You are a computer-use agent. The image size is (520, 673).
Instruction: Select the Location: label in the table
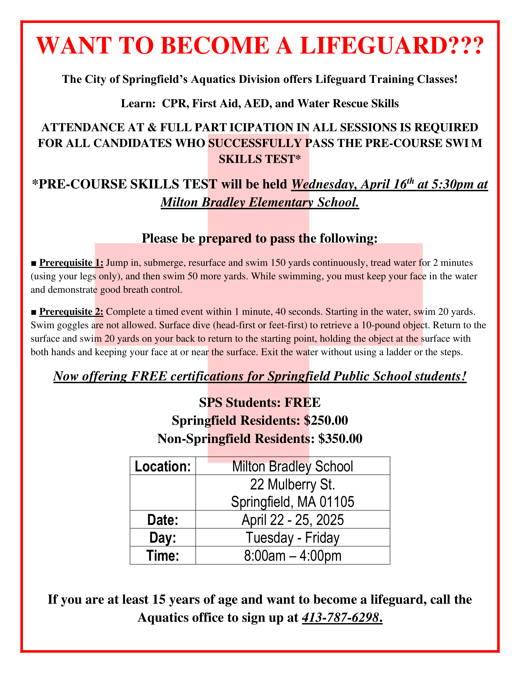(163, 467)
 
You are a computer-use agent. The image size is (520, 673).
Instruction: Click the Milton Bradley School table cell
(292, 467)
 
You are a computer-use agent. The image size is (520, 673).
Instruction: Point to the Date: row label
(163, 520)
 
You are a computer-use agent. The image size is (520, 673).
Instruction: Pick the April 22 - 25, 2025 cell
(292, 520)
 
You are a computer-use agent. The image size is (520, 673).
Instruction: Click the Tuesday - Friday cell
(292, 538)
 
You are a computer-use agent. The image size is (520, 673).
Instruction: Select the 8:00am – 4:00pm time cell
(292, 556)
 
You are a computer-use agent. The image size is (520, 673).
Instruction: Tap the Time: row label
(163, 556)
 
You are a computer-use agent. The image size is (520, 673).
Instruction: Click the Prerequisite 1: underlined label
(71, 263)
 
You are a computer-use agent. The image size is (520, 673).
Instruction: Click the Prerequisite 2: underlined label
(71, 311)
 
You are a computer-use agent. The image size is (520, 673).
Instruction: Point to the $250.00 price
(326, 420)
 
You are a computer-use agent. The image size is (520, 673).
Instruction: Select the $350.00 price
(340, 438)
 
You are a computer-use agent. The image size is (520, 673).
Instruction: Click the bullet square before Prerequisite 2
(34, 312)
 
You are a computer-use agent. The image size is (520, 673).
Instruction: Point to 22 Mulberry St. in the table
(292, 485)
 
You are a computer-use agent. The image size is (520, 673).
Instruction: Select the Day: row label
(163, 538)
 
